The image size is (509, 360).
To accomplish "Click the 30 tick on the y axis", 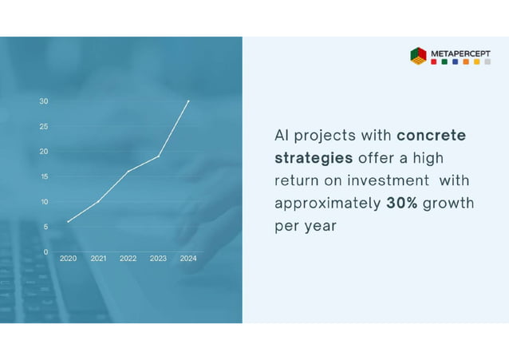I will coord(44,101).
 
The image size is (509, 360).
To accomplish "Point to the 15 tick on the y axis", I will coord(44,176).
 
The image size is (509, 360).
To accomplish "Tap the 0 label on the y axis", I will coord(45,251).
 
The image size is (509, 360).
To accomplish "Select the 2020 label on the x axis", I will coord(69,259).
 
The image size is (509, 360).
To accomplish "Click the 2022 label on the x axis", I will coord(128,259).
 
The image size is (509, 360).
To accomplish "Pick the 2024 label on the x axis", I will coord(188,259).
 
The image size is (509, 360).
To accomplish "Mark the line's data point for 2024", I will coord(188,101).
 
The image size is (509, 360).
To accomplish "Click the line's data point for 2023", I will coord(159,156).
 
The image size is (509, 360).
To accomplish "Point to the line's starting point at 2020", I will coord(69,221).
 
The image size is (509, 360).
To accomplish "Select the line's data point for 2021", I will coord(98,201).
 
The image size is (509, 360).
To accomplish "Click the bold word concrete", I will coord(431,136).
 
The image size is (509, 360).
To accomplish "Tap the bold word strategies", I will coord(314,158).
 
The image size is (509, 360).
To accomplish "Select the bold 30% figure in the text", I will coord(402,204).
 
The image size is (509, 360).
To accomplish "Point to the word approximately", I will coord(327,204).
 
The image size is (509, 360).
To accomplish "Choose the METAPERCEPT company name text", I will coord(461,53).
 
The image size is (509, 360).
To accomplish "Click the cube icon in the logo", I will coord(418,56).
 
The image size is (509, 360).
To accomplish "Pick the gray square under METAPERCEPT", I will coord(487,62).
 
